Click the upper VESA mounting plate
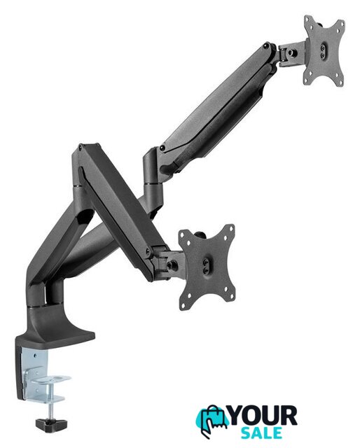324,51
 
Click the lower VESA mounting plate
207,267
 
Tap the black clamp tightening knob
51,424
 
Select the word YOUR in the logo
263,416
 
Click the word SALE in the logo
261,433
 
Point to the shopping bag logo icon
212,421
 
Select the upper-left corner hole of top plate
307,21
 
